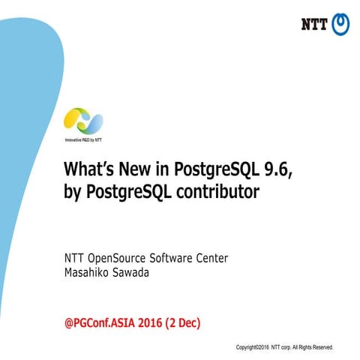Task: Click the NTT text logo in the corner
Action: click(314, 24)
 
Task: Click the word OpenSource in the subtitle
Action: click(122, 258)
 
